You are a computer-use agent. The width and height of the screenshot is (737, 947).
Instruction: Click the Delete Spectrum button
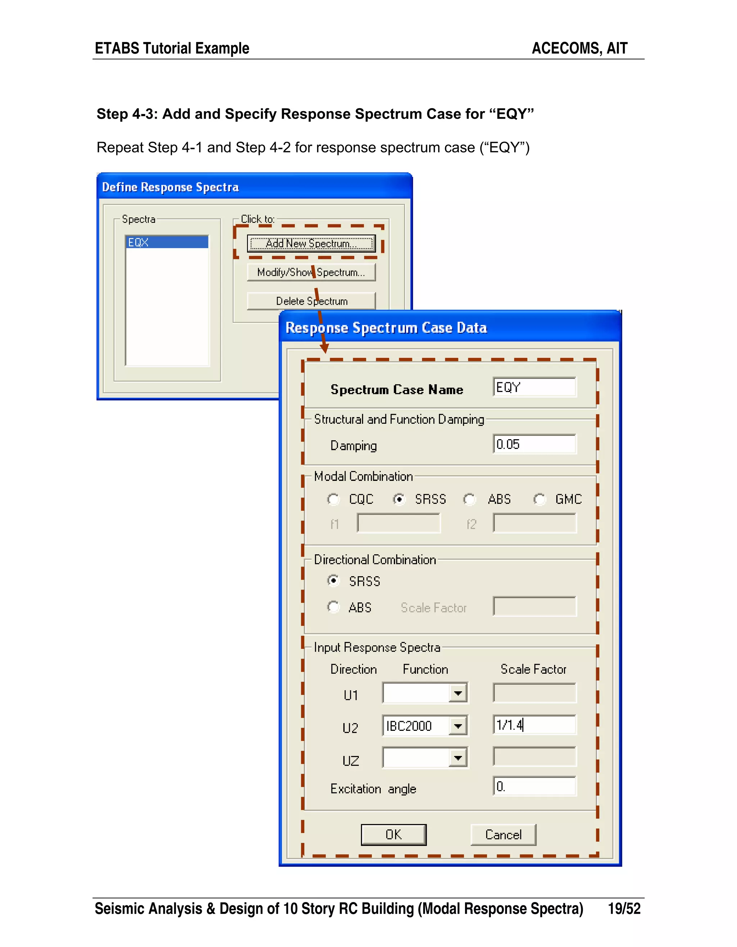311,301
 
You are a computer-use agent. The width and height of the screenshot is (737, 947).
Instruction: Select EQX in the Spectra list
167,242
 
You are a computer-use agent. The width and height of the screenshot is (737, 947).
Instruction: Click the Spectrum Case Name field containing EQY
534,387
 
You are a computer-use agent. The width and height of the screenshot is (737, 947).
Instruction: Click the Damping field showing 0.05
534,444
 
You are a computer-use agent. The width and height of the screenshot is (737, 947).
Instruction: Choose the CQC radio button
333,500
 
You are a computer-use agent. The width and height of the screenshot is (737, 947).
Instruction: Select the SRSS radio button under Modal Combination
399,500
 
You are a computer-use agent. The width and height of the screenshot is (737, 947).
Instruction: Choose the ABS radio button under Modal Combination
469,500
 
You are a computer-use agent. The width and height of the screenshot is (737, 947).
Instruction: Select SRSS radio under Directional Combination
333,581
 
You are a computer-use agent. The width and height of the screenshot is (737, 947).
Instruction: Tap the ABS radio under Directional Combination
333,607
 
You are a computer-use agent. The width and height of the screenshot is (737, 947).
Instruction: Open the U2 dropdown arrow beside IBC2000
458,725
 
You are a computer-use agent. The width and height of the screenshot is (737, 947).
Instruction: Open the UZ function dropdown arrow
458,758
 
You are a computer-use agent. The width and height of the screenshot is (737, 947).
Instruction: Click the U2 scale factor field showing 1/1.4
534,725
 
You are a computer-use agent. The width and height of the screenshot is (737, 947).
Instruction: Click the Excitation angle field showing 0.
534,787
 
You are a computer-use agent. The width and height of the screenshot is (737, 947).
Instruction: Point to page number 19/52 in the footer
624,909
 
